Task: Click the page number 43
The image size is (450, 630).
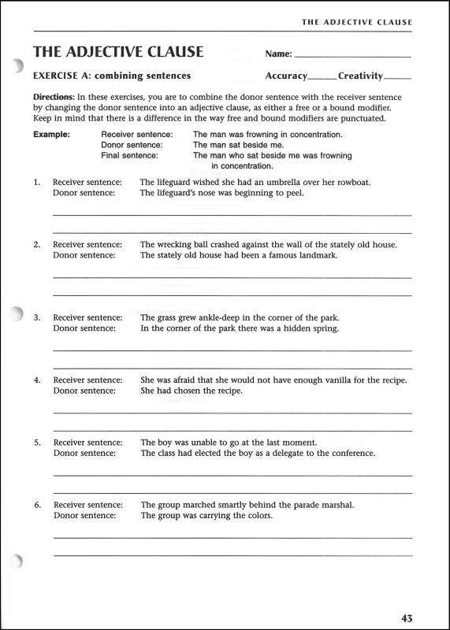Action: pos(405,618)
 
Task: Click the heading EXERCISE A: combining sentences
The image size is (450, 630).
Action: pos(112,76)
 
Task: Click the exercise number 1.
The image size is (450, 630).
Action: pos(36,182)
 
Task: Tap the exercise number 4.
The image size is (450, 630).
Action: pos(37,380)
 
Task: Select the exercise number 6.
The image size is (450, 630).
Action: pos(37,505)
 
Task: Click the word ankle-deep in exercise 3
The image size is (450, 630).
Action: pos(219,317)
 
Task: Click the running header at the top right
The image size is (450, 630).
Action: pos(356,22)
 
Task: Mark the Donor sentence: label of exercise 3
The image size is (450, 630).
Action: pos(84,328)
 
